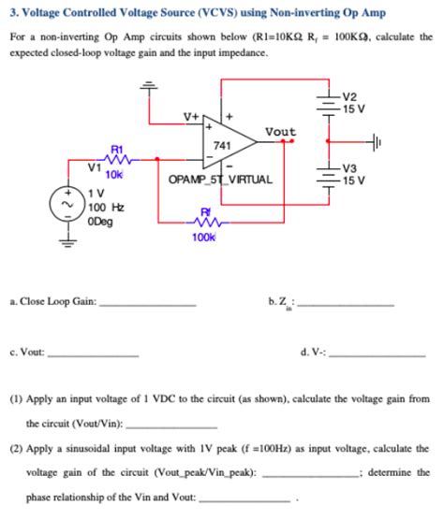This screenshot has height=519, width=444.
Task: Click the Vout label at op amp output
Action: click(x=280, y=132)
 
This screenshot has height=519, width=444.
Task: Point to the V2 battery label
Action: click(x=349, y=95)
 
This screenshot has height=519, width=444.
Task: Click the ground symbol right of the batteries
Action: click(x=399, y=142)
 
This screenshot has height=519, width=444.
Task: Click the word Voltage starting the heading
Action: click(x=42, y=12)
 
